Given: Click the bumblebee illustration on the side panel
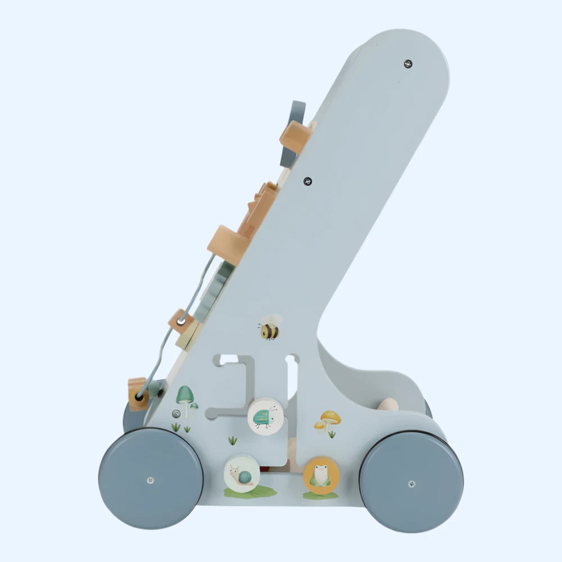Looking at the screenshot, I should (270, 327).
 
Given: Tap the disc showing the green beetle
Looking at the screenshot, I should (265, 415).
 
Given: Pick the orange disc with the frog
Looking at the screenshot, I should (321, 475).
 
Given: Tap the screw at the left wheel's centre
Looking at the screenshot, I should (150, 480).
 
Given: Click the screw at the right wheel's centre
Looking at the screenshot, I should (411, 483).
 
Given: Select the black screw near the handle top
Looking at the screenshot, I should (408, 64).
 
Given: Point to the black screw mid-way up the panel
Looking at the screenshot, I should (307, 181).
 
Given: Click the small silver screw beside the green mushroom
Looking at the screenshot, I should (176, 414).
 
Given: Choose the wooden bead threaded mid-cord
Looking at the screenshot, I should (180, 321).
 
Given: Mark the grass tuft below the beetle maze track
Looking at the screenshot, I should (232, 440).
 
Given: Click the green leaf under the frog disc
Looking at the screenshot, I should (320, 496).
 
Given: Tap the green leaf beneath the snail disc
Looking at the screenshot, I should (250, 492).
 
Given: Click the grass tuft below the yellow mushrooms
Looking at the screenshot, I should (332, 434).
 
